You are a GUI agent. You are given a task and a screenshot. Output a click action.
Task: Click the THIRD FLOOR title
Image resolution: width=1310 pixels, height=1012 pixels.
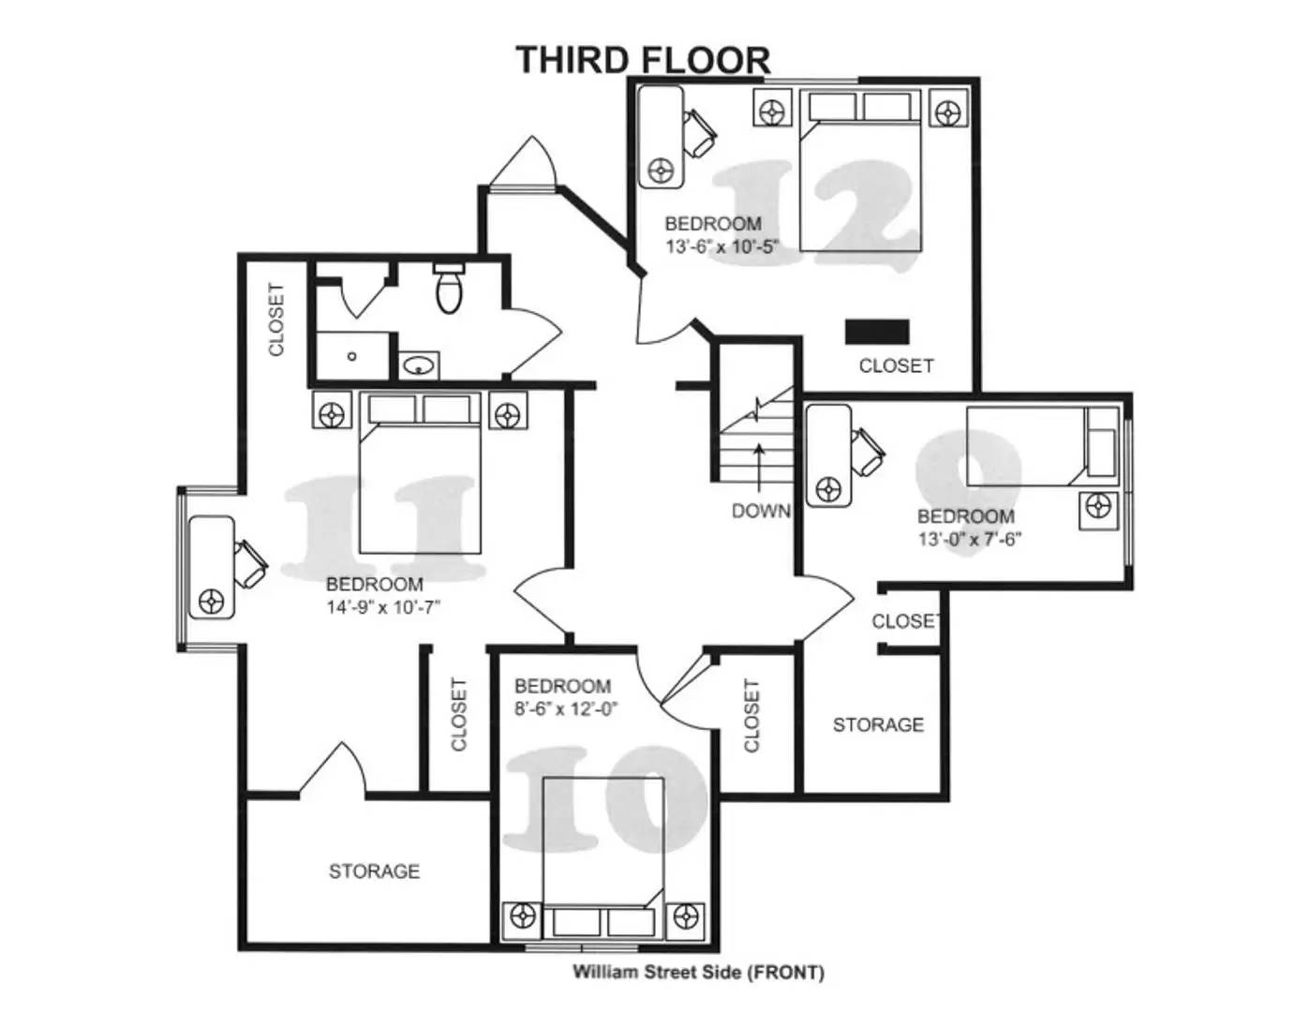pyautogui.click(x=643, y=60)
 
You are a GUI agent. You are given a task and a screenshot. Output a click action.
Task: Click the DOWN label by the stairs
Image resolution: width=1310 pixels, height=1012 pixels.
pyautogui.click(x=761, y=511)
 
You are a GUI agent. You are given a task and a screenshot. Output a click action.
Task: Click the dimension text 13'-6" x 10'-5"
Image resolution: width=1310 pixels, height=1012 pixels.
pyautogui.click(x=722, y=247)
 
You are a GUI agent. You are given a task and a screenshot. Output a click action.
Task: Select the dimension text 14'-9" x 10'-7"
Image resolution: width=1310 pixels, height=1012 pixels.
pyautogui.click(x=383, y=607)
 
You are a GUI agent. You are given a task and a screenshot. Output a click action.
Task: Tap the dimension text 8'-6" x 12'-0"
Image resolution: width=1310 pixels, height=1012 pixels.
pyautogui.click(x=566, y=709)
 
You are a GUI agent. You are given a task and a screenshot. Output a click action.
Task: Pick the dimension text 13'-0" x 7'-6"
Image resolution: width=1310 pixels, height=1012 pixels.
pyautogui.click(x=969, y=539)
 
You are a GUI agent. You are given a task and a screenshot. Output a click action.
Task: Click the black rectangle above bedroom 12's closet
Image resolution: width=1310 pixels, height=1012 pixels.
pyautogui.click(x=877, y=332)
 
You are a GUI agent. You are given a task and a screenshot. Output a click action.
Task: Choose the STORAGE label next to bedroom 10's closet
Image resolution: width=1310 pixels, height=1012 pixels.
pyautogui.click(x=878, y=724)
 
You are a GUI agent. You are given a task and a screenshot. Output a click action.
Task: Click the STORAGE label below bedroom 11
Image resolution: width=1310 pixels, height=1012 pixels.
pyautogui.click(x=374, y=871)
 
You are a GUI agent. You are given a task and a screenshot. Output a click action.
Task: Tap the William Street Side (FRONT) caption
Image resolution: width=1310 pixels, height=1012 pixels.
pyautogui.click(x=698, y=973)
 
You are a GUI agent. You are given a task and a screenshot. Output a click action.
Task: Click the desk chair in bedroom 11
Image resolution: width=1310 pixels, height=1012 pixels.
pyautogui.click(x=249, y=561)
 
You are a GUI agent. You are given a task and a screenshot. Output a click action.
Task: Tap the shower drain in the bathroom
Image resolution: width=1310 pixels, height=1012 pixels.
pyautogui.click(x=351, y=356)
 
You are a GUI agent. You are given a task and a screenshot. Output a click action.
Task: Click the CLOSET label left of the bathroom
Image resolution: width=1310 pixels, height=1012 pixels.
pyautogui.click(x=275, y=320)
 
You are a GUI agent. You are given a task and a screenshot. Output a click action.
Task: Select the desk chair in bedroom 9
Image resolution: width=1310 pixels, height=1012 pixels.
pyautogui.click(x=868, y=451)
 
